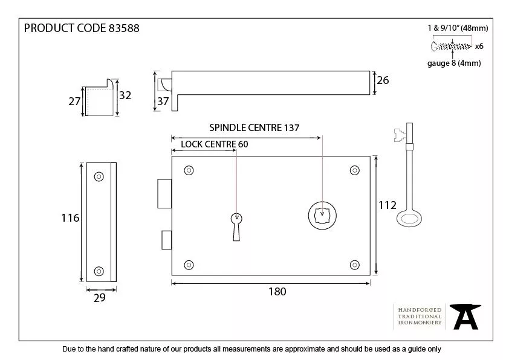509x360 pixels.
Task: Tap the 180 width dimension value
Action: tap(276, 292)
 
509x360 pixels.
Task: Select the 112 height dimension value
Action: tap(387, 205)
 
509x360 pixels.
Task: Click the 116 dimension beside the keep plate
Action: tap(71, 217)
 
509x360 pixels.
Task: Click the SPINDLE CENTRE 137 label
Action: tap(254, 127)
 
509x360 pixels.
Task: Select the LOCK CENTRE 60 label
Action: tap(214, 144)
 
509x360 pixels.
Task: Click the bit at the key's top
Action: tap(400, 134)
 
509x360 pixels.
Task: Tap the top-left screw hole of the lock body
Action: tap(189, 170)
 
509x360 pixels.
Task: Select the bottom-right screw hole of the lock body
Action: tap(355, 265)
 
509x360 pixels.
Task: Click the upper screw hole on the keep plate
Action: tap(99, 176)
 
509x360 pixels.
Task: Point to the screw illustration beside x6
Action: tap(452, 46)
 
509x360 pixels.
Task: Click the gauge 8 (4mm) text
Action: tap(454, 63)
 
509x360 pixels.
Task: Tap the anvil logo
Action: tap(466, 316)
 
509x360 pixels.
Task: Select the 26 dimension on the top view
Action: tap(383, 80)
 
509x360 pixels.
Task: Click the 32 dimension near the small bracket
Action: tap(126, 95)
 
